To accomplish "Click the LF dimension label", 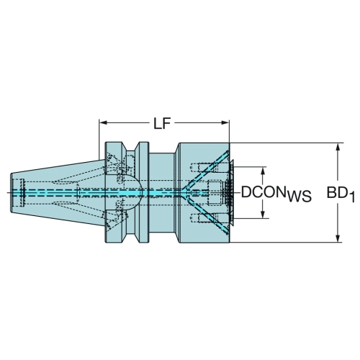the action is (162, 124).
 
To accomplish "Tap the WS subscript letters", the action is (299, 196).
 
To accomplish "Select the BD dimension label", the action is (336, 192).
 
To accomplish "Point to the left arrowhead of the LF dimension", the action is (103, 123).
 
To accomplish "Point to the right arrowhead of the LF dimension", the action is (225, 123).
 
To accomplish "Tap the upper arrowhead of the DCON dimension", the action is (264, 171).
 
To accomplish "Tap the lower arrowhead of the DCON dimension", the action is (264, 215).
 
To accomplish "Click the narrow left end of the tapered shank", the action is (12, 192).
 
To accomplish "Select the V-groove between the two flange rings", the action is (130, 192).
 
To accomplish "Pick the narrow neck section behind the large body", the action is (161, 192).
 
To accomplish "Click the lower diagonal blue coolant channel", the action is (207, 215).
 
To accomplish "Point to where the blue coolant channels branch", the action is (185, 192).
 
